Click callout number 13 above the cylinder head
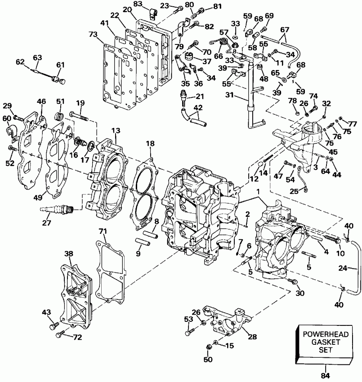click(116, 131)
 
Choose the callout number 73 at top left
click(93, 35)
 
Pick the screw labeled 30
click(293, 281)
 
